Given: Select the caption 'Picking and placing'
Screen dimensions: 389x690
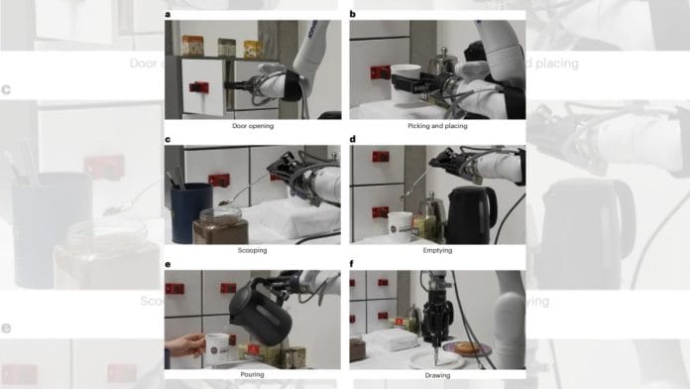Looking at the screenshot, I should coord(437,128).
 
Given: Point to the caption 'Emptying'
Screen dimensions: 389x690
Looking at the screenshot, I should coord(437,250).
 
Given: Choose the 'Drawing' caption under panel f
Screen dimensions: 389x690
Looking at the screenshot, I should coord(437,375).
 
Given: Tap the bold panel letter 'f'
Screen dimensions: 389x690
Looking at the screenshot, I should coord(353,264).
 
